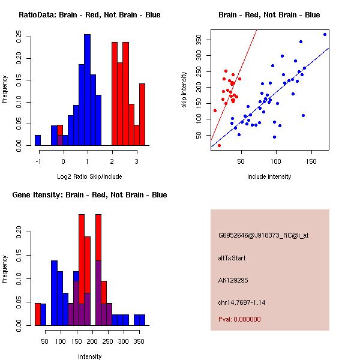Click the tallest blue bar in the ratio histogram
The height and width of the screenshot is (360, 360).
click(x=87, y=90)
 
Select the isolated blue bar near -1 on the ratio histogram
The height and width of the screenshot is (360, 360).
click(x=38, y=140)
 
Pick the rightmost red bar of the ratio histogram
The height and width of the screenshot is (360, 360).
click(x=142, y=114)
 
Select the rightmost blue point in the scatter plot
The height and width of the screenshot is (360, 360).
click(x=325, y=34)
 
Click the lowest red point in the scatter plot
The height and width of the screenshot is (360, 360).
click(x=219, y=145)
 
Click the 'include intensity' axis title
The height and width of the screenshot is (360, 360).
click(x=269, y=176)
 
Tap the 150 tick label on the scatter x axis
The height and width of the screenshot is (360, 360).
click(x=311, y=162)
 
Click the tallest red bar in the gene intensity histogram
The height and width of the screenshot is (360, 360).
click(x=82, y=270)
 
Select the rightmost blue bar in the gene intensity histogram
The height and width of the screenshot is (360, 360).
click(x=139, y=320)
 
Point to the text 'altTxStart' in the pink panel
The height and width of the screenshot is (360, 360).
click(x=232, y=258)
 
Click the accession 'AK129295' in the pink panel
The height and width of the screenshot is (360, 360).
click(x=233, y=280)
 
